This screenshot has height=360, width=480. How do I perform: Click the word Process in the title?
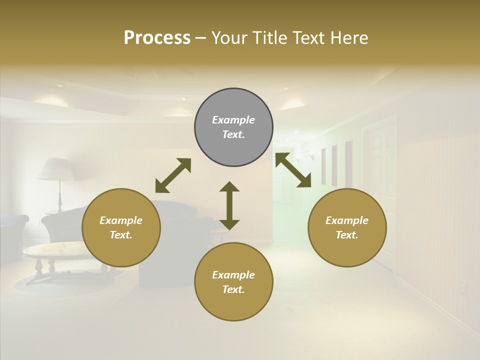click(157, 38)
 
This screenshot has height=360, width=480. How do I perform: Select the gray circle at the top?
click(233, 127)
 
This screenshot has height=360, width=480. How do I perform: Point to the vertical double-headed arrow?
click(229, 205)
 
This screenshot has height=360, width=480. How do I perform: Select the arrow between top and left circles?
click(173, 175)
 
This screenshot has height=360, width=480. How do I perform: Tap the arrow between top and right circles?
click(293, 170)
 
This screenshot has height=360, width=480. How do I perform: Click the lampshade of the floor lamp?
click(55, 169)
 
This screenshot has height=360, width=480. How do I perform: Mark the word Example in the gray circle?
click(233, 120)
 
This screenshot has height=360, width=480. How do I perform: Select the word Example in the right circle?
click(347, 220)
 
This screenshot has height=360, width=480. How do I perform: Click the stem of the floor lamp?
click(60, 195)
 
